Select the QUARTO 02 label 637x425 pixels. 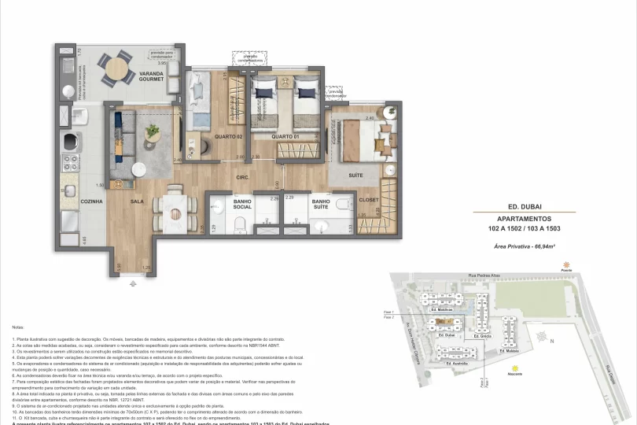point(227,137)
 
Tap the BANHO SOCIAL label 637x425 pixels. point(243,205)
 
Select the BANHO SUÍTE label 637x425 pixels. point(320,205)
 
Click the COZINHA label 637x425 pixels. point(91,202)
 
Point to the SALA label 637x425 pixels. point(137,202)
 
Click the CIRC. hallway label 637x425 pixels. point(243,178)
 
